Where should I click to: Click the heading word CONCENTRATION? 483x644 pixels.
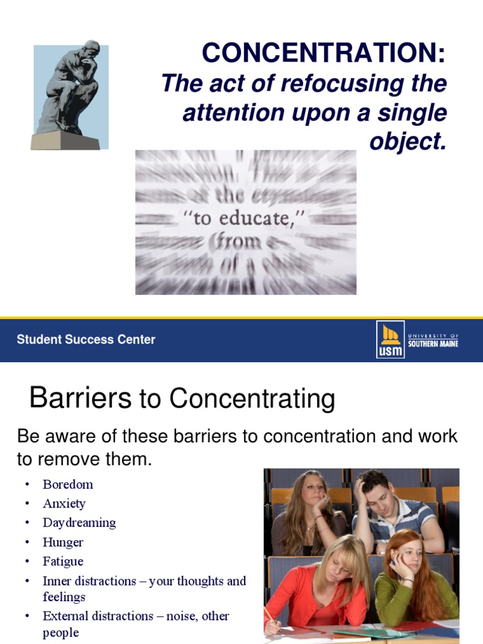[x=324, y=53]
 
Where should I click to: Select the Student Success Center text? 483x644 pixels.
[x=86, y=340]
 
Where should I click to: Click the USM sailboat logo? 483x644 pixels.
[x=390, y=340]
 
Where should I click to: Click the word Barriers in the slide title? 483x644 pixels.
[x=80, y=399]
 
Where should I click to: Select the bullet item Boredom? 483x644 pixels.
[x=68, y=484]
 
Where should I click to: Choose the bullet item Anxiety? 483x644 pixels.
[x=64, y=504]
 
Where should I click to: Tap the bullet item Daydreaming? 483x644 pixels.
[x=79, y=523]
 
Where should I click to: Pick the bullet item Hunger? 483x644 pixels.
[x=63, y=542]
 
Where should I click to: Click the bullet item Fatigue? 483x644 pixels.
[x=63, y=561]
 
